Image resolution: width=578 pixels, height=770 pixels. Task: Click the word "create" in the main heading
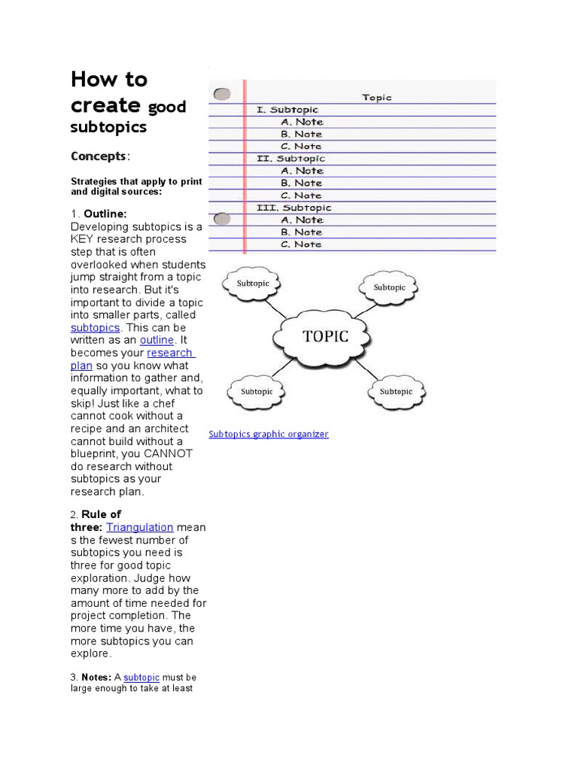[105, 105]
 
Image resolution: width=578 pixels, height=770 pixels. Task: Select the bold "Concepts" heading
[99, 156]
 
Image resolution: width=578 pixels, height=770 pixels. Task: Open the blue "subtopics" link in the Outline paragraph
[95, 328]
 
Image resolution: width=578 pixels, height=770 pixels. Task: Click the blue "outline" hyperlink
[157, 341]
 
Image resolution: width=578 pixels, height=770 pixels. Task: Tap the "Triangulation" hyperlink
[139, 528]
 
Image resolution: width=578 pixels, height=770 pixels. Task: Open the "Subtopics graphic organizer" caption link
[269, 434]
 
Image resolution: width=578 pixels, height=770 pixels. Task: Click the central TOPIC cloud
[325, 337]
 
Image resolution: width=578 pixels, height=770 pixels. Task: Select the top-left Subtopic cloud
[253, 284]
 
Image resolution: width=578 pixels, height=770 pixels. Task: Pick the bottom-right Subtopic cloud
[396, 392]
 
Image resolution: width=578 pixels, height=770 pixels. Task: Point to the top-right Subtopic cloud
[389, 287]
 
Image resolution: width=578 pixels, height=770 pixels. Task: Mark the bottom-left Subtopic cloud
[256, 392]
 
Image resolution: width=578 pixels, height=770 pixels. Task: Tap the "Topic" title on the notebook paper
[377, 97]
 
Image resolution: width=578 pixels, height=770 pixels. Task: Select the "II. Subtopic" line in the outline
[291, 159]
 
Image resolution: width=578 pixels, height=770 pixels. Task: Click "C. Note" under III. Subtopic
[301, 244]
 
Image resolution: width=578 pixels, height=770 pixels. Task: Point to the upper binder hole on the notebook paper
[222, 95]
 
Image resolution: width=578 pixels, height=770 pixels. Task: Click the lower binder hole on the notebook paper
[222, 220]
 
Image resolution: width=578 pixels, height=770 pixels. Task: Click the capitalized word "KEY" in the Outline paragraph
[83, 239]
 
